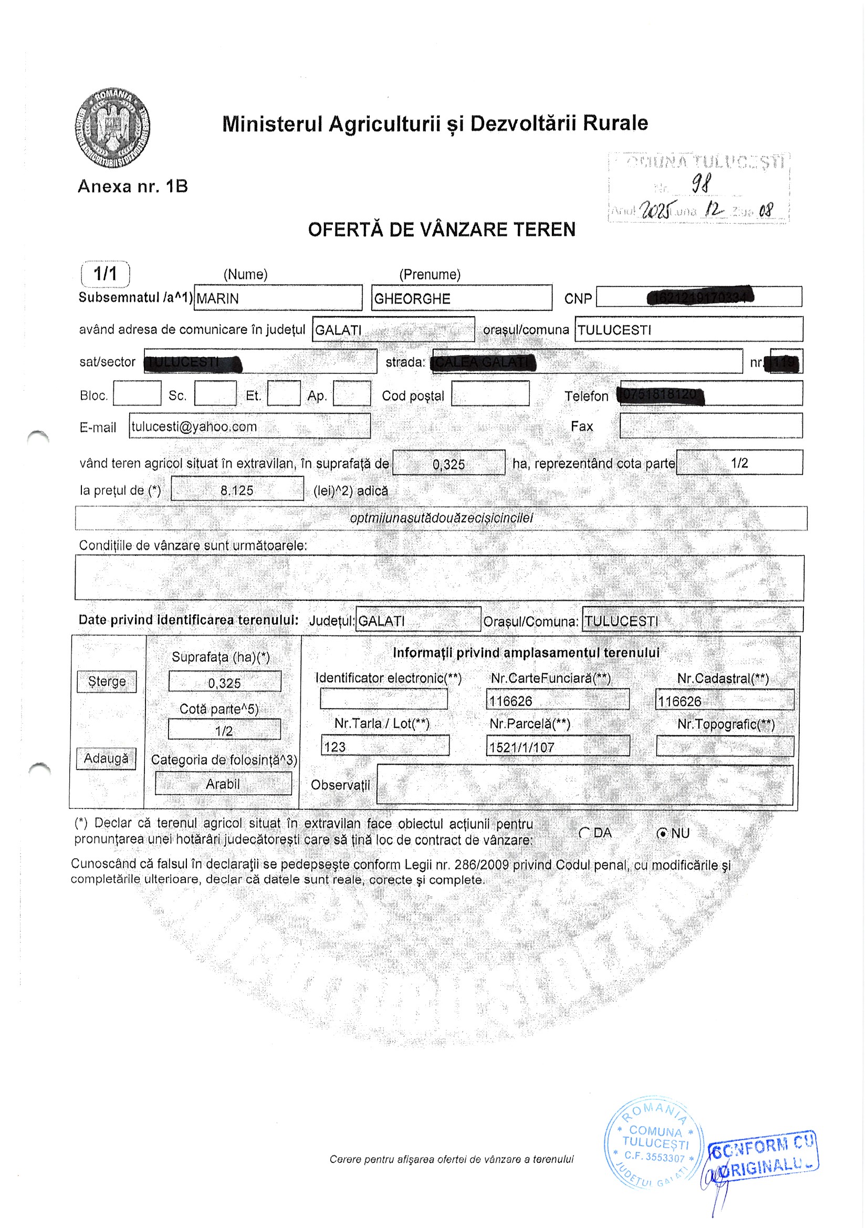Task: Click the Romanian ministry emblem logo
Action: point(112,129)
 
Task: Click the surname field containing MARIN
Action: point(278,298)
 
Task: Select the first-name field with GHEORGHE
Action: point(461,298)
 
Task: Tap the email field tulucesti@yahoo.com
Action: point(249,426)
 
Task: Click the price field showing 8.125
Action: point(237,490)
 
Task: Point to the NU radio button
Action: point(663,833)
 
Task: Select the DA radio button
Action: point(584,833)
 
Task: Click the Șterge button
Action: point(107,681)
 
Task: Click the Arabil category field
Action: point(223,784)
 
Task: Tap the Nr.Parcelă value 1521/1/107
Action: point(557,747)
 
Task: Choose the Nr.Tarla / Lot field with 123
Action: point(384,746)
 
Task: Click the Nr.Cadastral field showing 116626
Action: point(724,701)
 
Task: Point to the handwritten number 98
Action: point(701,184)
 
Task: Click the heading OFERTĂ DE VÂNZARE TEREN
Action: point(442,230)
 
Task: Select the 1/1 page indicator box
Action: point(106,274)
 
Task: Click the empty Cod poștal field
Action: point(490,393)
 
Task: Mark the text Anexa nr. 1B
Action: point(133,186)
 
